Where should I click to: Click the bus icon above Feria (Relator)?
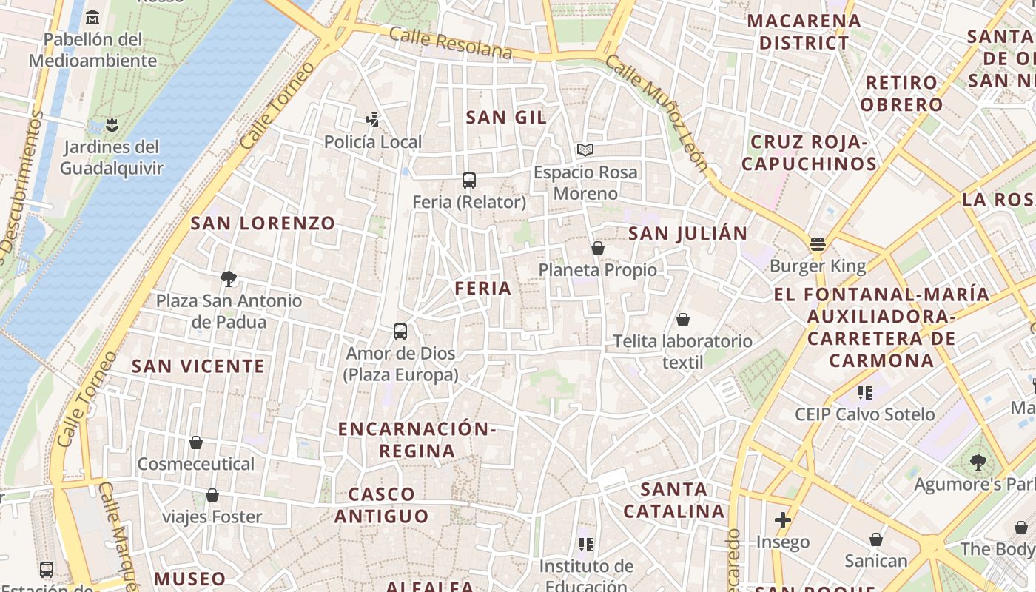pos(468,180)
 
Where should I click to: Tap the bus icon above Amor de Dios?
pos(400,331)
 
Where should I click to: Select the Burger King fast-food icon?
pos(818,243)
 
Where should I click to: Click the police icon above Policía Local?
pos(373,118)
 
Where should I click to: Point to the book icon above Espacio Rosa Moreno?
pos(585,150)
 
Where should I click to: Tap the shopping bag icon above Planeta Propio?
pos(598,248)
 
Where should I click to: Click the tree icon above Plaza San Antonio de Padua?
pos(229,279)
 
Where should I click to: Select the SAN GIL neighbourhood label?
pos(507,117)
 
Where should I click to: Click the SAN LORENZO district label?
pos(263,223)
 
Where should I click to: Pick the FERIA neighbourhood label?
pos(483,288)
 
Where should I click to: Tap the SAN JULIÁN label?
pos(688,234)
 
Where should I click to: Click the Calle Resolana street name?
pos(450,43)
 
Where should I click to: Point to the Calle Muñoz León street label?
pos(656,111)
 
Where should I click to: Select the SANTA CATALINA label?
pos(673,500)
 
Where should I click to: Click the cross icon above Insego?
pos(783,519)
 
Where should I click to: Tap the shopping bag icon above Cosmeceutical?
pos(196,443)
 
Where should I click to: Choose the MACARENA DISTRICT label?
pos(804,32)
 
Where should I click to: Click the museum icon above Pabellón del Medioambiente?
pos(92,17)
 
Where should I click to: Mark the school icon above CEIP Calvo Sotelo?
pos(865,392)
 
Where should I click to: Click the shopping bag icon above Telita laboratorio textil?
pos(683,320)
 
